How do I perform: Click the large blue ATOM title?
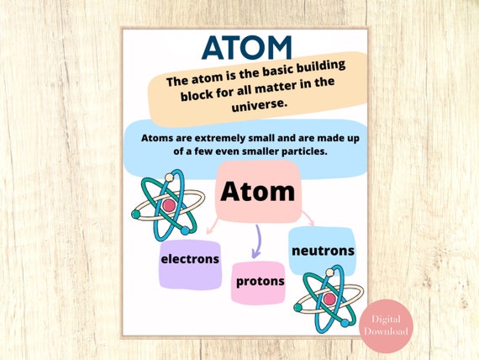(248, 47)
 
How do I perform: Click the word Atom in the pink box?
(258, 192)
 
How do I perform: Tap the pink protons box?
(259, 281)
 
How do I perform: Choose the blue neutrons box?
(323, 251)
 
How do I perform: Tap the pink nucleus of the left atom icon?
(168, 204)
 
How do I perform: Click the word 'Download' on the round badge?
(387, 331)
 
